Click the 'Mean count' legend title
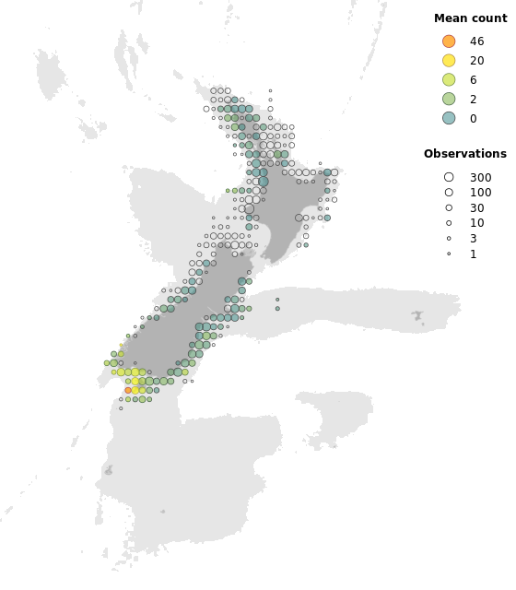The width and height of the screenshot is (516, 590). point(471,18)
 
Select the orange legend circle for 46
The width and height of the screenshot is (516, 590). point(449,41)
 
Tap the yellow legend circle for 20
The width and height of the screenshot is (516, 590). point(449,61)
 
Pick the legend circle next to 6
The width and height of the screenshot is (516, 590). point(449,80)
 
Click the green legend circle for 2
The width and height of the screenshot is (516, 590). point(449,100)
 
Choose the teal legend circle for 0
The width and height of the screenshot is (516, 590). point(449,118)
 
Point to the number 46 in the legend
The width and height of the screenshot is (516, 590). point(476,41)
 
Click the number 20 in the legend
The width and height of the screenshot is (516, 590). point(476,61)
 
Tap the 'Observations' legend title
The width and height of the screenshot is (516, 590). point(465,154)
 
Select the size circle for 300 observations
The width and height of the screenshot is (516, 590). point(449,177)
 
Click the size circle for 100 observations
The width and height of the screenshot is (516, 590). point(449,193)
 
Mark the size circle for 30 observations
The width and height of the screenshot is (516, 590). point(449,208)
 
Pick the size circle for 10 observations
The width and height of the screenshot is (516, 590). point(449,223)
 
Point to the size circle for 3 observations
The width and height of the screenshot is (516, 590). point(449,239)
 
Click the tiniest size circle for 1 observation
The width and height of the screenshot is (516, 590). point(449,254)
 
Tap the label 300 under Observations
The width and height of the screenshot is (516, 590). point(480,177)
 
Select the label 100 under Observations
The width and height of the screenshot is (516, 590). point(480,193)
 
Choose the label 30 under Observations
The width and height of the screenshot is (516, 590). point(476,208)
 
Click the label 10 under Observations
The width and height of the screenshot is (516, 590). point(476,223)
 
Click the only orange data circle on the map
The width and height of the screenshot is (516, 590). point(128,390)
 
